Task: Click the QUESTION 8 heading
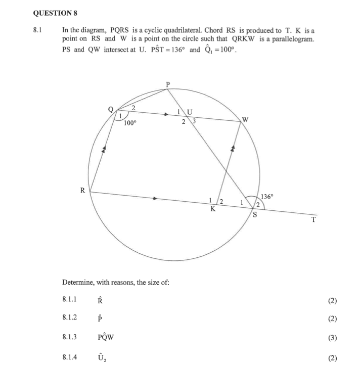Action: point(57,12)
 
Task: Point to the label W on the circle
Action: point(246,119)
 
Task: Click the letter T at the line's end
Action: point(314,220)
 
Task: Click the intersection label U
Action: point(190,111)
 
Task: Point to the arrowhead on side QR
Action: point(104,149)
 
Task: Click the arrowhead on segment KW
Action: point(233,148)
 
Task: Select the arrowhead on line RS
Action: point(155,198)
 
